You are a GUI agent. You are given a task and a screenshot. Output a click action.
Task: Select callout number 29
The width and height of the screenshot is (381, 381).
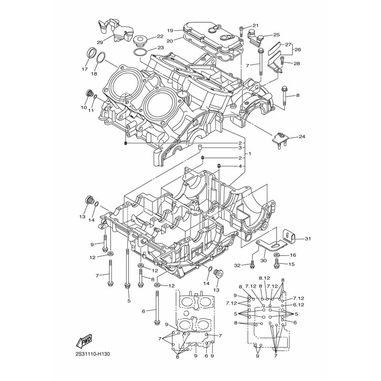[x=100, y=42]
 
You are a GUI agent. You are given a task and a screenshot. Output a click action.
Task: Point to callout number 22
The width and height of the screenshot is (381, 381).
[x=160, y=37]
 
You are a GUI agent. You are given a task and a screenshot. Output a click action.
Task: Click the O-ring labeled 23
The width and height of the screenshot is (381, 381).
[x=140, y=52]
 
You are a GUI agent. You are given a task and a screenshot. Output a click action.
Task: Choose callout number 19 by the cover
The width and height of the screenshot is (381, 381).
[x=170, y=30]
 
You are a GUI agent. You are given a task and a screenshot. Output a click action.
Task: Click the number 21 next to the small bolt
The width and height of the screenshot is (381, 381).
[x=255, y=25]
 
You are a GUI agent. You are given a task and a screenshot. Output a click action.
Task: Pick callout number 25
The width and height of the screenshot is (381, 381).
[x=277, y=35]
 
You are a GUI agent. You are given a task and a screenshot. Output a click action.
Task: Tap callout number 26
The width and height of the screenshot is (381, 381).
[x=298, y=50]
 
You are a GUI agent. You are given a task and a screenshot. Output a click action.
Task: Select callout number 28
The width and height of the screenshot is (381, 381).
[x=297, y=64]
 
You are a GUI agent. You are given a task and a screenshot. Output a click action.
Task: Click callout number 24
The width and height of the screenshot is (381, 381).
[x=301, y=137]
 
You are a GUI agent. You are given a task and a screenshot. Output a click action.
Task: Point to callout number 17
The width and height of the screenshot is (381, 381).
[x=84, y=69]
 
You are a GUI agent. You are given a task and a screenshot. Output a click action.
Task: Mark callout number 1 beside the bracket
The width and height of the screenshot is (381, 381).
[x=250, y=153]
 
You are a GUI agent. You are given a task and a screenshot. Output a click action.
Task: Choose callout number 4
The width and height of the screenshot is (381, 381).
[x=240, y=166]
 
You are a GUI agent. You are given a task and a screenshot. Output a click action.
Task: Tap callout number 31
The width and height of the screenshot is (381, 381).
[x=308, y=239]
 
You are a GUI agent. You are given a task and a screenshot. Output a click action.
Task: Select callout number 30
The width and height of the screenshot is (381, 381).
[x=263, y=261]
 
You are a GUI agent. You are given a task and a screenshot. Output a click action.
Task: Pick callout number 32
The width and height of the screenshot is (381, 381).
[x=237, y=266]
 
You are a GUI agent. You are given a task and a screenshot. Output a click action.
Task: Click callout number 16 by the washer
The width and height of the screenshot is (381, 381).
[x=293, y=255]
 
